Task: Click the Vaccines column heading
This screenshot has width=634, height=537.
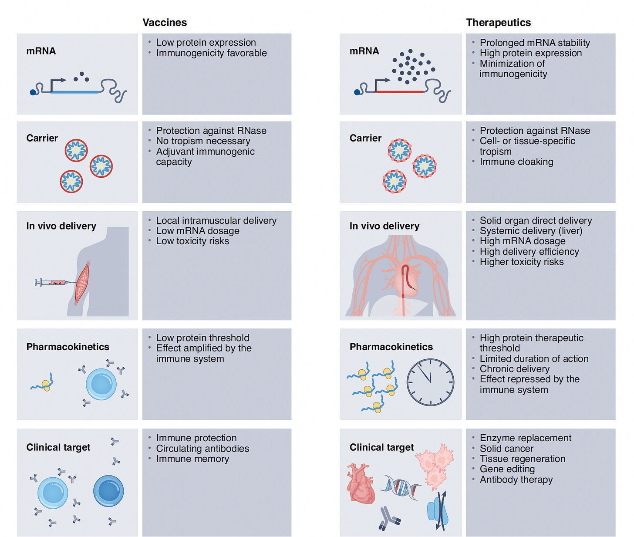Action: pos(165,23)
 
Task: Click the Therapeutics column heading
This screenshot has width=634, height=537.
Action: pos(498,23)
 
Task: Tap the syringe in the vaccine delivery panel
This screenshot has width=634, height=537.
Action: pos(51,283)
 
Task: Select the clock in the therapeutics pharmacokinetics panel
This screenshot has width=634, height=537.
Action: pos(430,382)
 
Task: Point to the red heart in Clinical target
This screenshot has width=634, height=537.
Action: pos(360,483)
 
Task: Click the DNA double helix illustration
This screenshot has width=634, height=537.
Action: pos(401,487)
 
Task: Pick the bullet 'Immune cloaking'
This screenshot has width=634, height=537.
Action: pos(516,162)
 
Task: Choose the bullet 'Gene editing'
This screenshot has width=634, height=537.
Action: pos(507,469)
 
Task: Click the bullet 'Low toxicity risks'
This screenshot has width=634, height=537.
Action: pos(192,241)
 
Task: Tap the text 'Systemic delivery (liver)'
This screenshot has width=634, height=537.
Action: pos(530,231)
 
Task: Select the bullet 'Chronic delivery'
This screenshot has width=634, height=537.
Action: pos(514,369)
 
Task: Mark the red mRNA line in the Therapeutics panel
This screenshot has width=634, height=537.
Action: pos(399,92)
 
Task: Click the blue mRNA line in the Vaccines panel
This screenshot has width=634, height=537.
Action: pos(75,92)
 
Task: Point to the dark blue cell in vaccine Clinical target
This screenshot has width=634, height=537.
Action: pos(108,491)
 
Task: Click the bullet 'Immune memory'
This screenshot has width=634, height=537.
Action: pos(192,459)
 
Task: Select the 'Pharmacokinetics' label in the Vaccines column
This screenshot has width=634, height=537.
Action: pos(67,347)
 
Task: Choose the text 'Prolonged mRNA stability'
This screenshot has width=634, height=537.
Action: pos(534,43)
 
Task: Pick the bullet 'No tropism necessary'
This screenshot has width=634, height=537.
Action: pos(203,141)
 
